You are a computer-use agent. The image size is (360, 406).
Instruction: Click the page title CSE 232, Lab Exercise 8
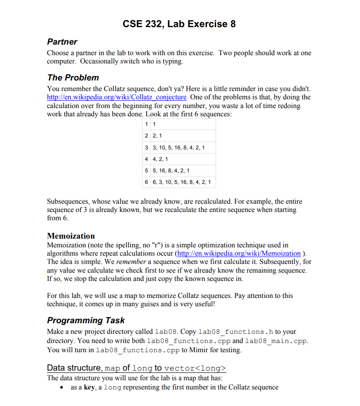pyautogui.click(x=179, y=24)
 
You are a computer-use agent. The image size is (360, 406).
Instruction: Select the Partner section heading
pyautogui.click(x=62, y=42)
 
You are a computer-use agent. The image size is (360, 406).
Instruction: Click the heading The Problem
pyautogui.click(x=73, y=77)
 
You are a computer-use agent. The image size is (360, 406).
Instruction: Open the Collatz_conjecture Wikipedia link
pyautogui.click(x=117, y=97)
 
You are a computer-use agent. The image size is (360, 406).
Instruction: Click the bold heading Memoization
pyautogui.click(x=71, y=236)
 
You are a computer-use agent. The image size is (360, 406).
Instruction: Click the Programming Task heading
pyautogui.click(x=86, y=320)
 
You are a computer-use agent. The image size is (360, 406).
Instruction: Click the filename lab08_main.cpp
pyautogui.click(x=275, y=341)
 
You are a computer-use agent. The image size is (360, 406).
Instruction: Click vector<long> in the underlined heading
pyautogui.click(x=195, y=368)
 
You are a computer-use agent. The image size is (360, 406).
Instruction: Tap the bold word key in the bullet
pyautogui.click(x=88, y=387)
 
